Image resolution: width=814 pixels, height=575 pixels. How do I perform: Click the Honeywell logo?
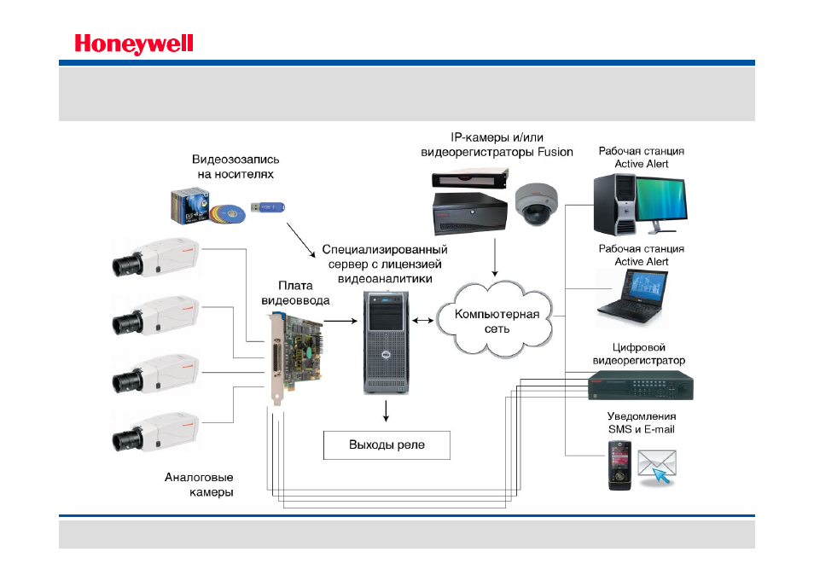[134, 44]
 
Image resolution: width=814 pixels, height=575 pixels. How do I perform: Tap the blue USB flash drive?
[268, 207]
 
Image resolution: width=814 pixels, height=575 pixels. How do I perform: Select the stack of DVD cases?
[189, 206]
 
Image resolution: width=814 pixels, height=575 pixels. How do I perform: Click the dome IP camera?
[536, 204]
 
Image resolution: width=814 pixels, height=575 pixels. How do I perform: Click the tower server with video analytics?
[387, 342]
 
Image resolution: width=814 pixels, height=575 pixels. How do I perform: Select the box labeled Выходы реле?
[387, 444]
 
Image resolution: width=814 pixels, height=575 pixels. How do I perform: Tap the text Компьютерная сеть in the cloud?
[497, 322]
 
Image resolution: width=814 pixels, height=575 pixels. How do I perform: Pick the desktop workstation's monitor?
[661, 205]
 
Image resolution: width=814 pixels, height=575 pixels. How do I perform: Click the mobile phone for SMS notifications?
[619, 466]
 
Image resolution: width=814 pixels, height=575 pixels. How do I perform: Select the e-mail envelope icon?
[657, 466]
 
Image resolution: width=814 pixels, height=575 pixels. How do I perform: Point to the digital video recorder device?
[641, 386]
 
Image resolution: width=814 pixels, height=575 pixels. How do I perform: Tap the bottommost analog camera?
[155, 432]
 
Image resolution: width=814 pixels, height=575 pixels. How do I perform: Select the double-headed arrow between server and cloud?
[422, 321]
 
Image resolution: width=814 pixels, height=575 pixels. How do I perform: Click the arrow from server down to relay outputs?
[386, 411]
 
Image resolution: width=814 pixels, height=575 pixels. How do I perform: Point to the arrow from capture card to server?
[340, 321]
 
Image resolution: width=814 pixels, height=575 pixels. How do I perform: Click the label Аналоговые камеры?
[199, 485]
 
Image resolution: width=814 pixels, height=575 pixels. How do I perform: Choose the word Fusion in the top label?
[555, 152]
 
